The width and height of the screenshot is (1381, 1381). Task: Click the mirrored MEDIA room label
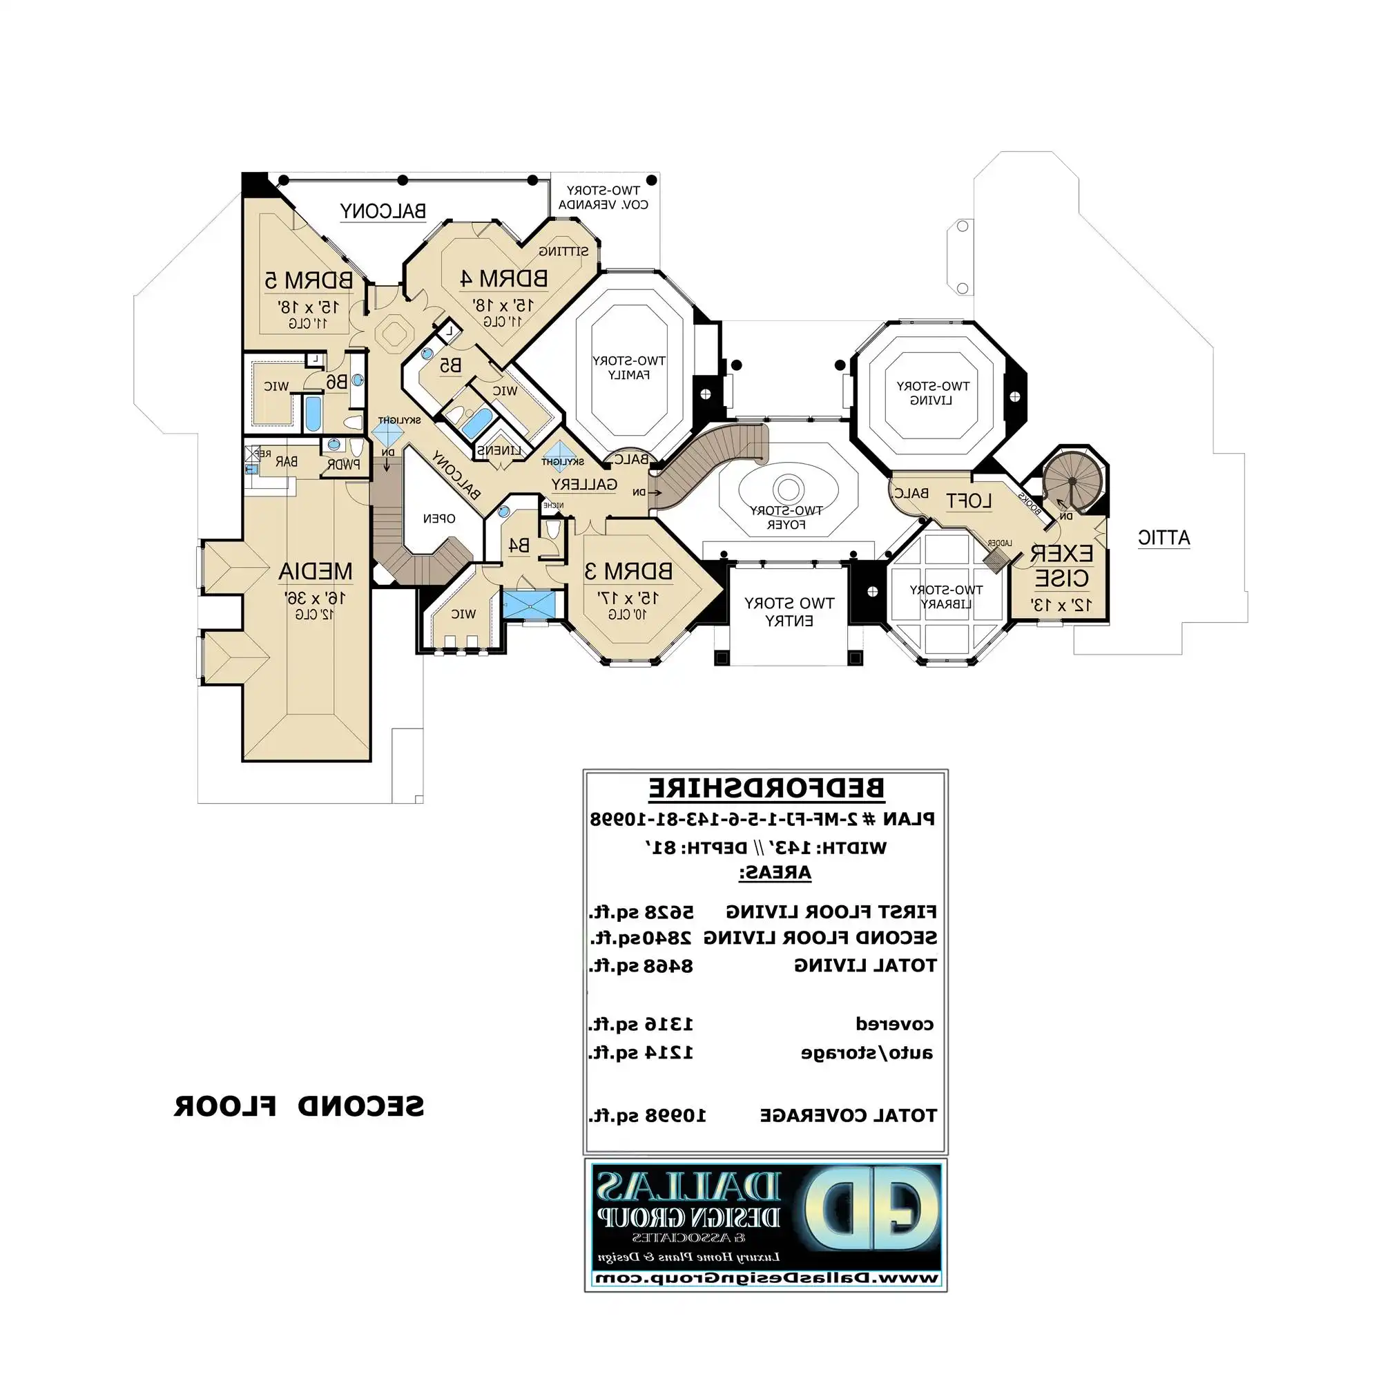[x=316, y=571]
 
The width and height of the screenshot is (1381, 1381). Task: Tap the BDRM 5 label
[x=309, y=280]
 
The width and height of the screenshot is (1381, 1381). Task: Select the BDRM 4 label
[x=503, y=279]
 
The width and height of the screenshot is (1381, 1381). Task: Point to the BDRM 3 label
[x=628, y=571]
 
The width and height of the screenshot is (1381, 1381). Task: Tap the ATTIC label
[x=1163, y=537]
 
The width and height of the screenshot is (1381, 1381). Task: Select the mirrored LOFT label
[x=969, y=501]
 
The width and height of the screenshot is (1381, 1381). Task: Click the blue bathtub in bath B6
[x=312, y=413]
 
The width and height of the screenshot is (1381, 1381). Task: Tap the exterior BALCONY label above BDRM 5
[x=383, y=211]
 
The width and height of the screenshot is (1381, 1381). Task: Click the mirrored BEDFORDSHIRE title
[x=766, y=789]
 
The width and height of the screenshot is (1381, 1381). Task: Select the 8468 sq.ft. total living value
[x=641, y=967]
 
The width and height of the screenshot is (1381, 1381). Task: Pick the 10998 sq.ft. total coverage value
[x=647, y=1116]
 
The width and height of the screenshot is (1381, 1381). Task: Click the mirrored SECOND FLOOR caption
[x=299, y=1106]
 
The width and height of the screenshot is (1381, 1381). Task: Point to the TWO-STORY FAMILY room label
[x=628, y=367]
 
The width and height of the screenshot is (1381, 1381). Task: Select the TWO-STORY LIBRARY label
[x=945, y=597]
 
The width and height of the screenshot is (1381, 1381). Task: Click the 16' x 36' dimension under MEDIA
[x=316, y=597]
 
